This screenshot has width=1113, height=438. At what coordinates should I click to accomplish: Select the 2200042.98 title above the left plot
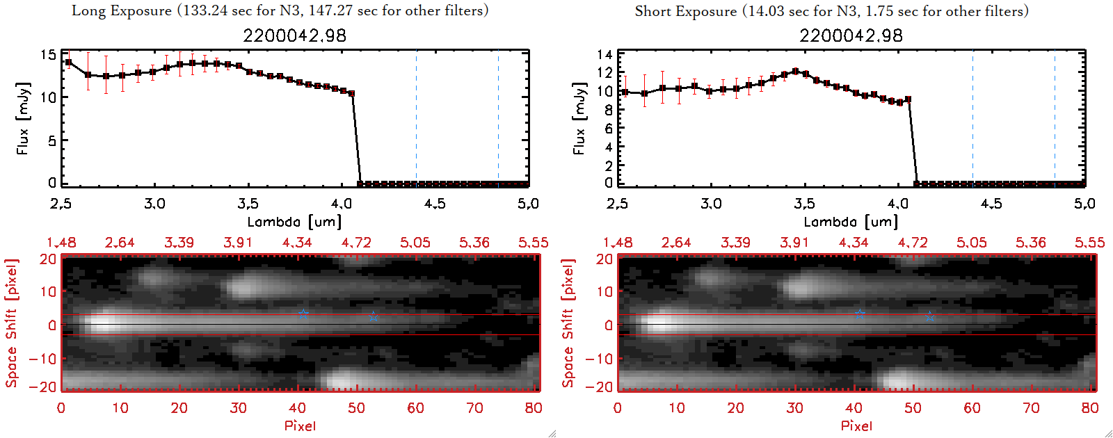(x=294, y=35)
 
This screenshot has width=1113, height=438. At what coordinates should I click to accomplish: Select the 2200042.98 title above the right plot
(x=851, y=35)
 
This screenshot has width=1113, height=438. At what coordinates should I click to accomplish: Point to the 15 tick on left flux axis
(x=48, y=54)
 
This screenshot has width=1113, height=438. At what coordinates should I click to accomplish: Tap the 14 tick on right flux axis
(x=604, y=54)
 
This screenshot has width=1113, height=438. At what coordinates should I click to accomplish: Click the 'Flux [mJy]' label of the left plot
(x=23, y=118)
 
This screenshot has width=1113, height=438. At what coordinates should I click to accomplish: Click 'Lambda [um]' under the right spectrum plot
(x=851, y=222)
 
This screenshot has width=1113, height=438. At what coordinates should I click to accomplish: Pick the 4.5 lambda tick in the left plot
(x=435, y=204)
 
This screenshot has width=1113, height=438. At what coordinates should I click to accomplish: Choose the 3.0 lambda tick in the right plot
(x=711, y=204)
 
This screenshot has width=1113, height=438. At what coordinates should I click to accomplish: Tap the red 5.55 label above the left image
(x=533, y=243)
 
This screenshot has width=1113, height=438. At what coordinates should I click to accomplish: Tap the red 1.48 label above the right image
(x=618, y=243)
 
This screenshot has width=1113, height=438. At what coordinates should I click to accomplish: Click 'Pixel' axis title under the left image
(x=300, y=425)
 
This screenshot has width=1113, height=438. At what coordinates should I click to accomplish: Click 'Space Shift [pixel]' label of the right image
(x=568, y=323)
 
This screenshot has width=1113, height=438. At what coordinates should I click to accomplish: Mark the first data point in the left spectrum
(x=68, y=63)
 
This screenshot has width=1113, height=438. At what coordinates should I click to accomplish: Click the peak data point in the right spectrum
(x=795, y=71)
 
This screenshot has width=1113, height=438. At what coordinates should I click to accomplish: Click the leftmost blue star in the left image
(x=303, y=314)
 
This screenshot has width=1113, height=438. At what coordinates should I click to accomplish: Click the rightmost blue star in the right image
(x=930, y=316)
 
